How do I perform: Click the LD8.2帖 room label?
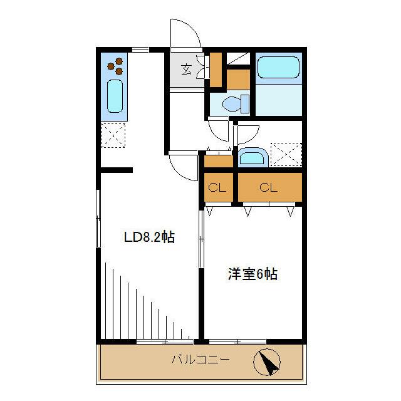click(148, 237)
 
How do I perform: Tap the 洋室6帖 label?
click(253, 274)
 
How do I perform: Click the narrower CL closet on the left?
click(217, 187)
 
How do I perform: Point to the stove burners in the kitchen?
click(115, 65)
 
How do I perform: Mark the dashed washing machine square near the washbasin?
click(285, 155)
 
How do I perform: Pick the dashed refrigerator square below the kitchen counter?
click(113, 135)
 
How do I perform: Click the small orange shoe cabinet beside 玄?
click(216, 70)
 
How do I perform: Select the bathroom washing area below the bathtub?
click(278, 99)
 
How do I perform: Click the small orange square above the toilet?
click(237, 79)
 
